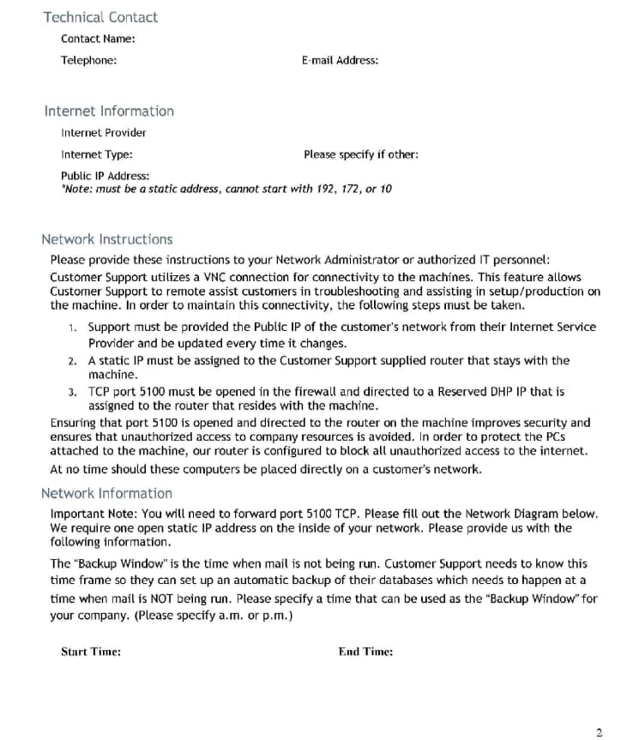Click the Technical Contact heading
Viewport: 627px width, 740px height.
(x=100, y=17)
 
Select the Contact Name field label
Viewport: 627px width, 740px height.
(x=98, y=39)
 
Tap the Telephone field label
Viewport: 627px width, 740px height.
(x=89, y=60)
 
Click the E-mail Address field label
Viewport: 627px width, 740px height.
(x=340, y=60)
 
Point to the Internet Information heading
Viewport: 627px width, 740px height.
(x=109, y=111)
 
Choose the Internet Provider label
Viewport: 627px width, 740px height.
(x=104, y=133)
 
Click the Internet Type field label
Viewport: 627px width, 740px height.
(x=97, y=155)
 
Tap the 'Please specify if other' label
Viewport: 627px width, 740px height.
(x=361, y=155)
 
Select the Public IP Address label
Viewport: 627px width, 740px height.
(x=105, y=177)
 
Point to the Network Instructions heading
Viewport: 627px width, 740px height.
(x=106, y=239)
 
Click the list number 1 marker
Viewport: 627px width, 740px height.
(x=73, y=328)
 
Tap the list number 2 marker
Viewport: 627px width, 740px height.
(x=73, y=362)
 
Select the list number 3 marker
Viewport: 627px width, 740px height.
(x=73, y=392)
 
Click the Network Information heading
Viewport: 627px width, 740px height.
(x=106, y=493)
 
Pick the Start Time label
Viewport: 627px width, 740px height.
(x=91, y=652)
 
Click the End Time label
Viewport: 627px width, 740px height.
(x=365, y=652)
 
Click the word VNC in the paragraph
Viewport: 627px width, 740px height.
(x=214, y=278)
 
